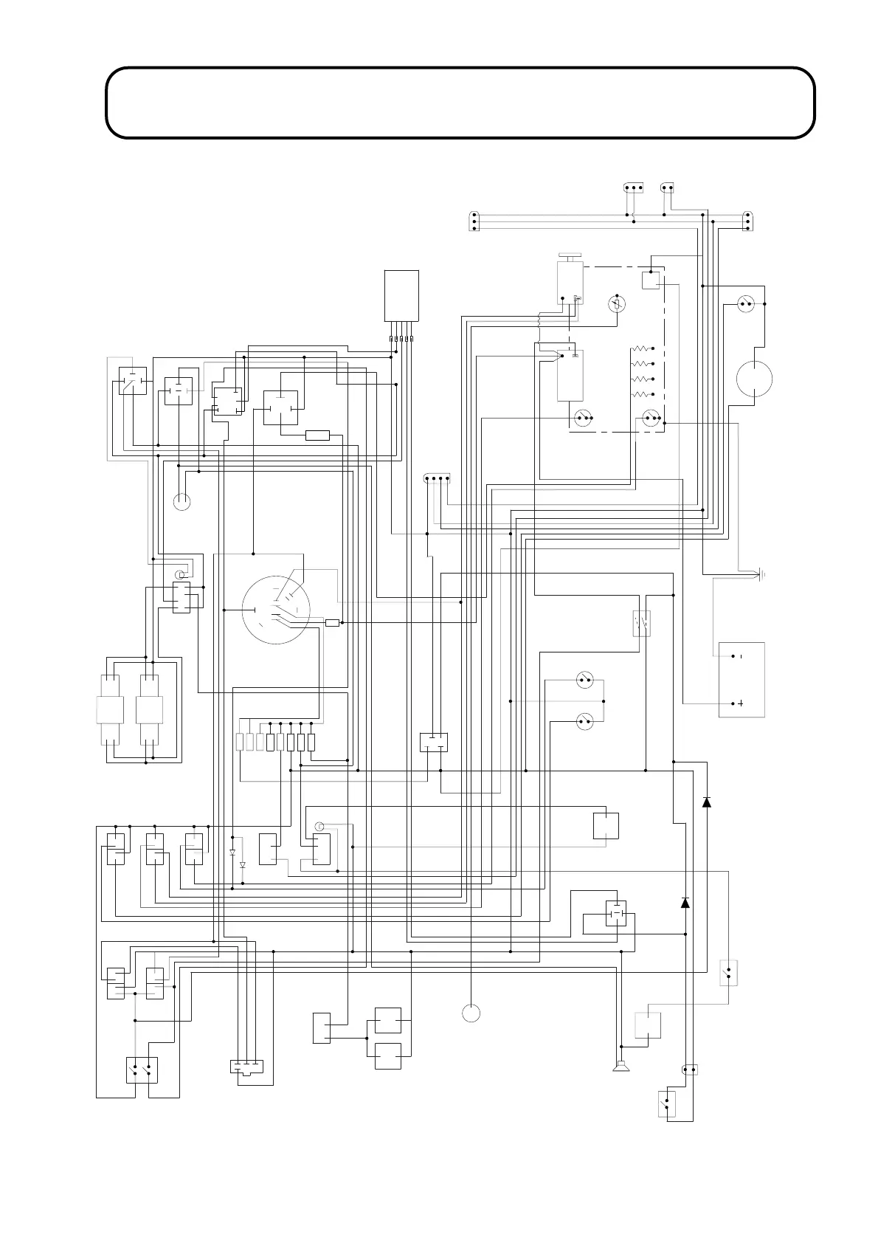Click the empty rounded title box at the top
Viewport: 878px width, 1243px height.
460,103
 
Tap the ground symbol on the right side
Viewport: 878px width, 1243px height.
761,574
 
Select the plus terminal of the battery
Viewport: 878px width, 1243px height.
740,703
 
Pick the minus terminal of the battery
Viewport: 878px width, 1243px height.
740,656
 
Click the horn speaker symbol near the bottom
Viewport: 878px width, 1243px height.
621,1065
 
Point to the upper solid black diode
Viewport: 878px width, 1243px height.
707,802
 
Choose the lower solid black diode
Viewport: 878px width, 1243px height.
685,902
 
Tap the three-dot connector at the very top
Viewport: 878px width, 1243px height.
634,187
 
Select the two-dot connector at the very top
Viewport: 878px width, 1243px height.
667,187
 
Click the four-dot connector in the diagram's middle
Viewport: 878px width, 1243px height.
438,479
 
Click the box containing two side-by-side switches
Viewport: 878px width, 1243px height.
142,1070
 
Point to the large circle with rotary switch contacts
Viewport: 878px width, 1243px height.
276,610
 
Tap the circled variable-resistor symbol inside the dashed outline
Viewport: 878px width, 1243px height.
617,304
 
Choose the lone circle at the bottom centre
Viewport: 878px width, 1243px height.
471,1013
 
